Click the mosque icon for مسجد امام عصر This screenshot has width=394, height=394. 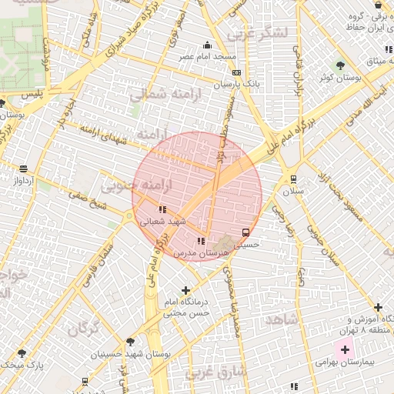click(207, 45)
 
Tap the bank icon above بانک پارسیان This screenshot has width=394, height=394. click(236, 72)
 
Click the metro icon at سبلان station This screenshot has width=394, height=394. click(293, 179)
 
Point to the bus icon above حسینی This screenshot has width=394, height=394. click(245, 232)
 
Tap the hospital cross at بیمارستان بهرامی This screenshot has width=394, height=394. click(334, 349)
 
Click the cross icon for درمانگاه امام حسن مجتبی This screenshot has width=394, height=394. click(185, 290)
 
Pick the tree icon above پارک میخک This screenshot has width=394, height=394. click(22, 352)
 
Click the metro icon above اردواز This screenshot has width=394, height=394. click(23, 169)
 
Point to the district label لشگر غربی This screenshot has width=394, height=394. click(262, 32)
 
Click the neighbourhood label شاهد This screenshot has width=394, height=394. click(280, 318)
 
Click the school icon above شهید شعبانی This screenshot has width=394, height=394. click(162, 209)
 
